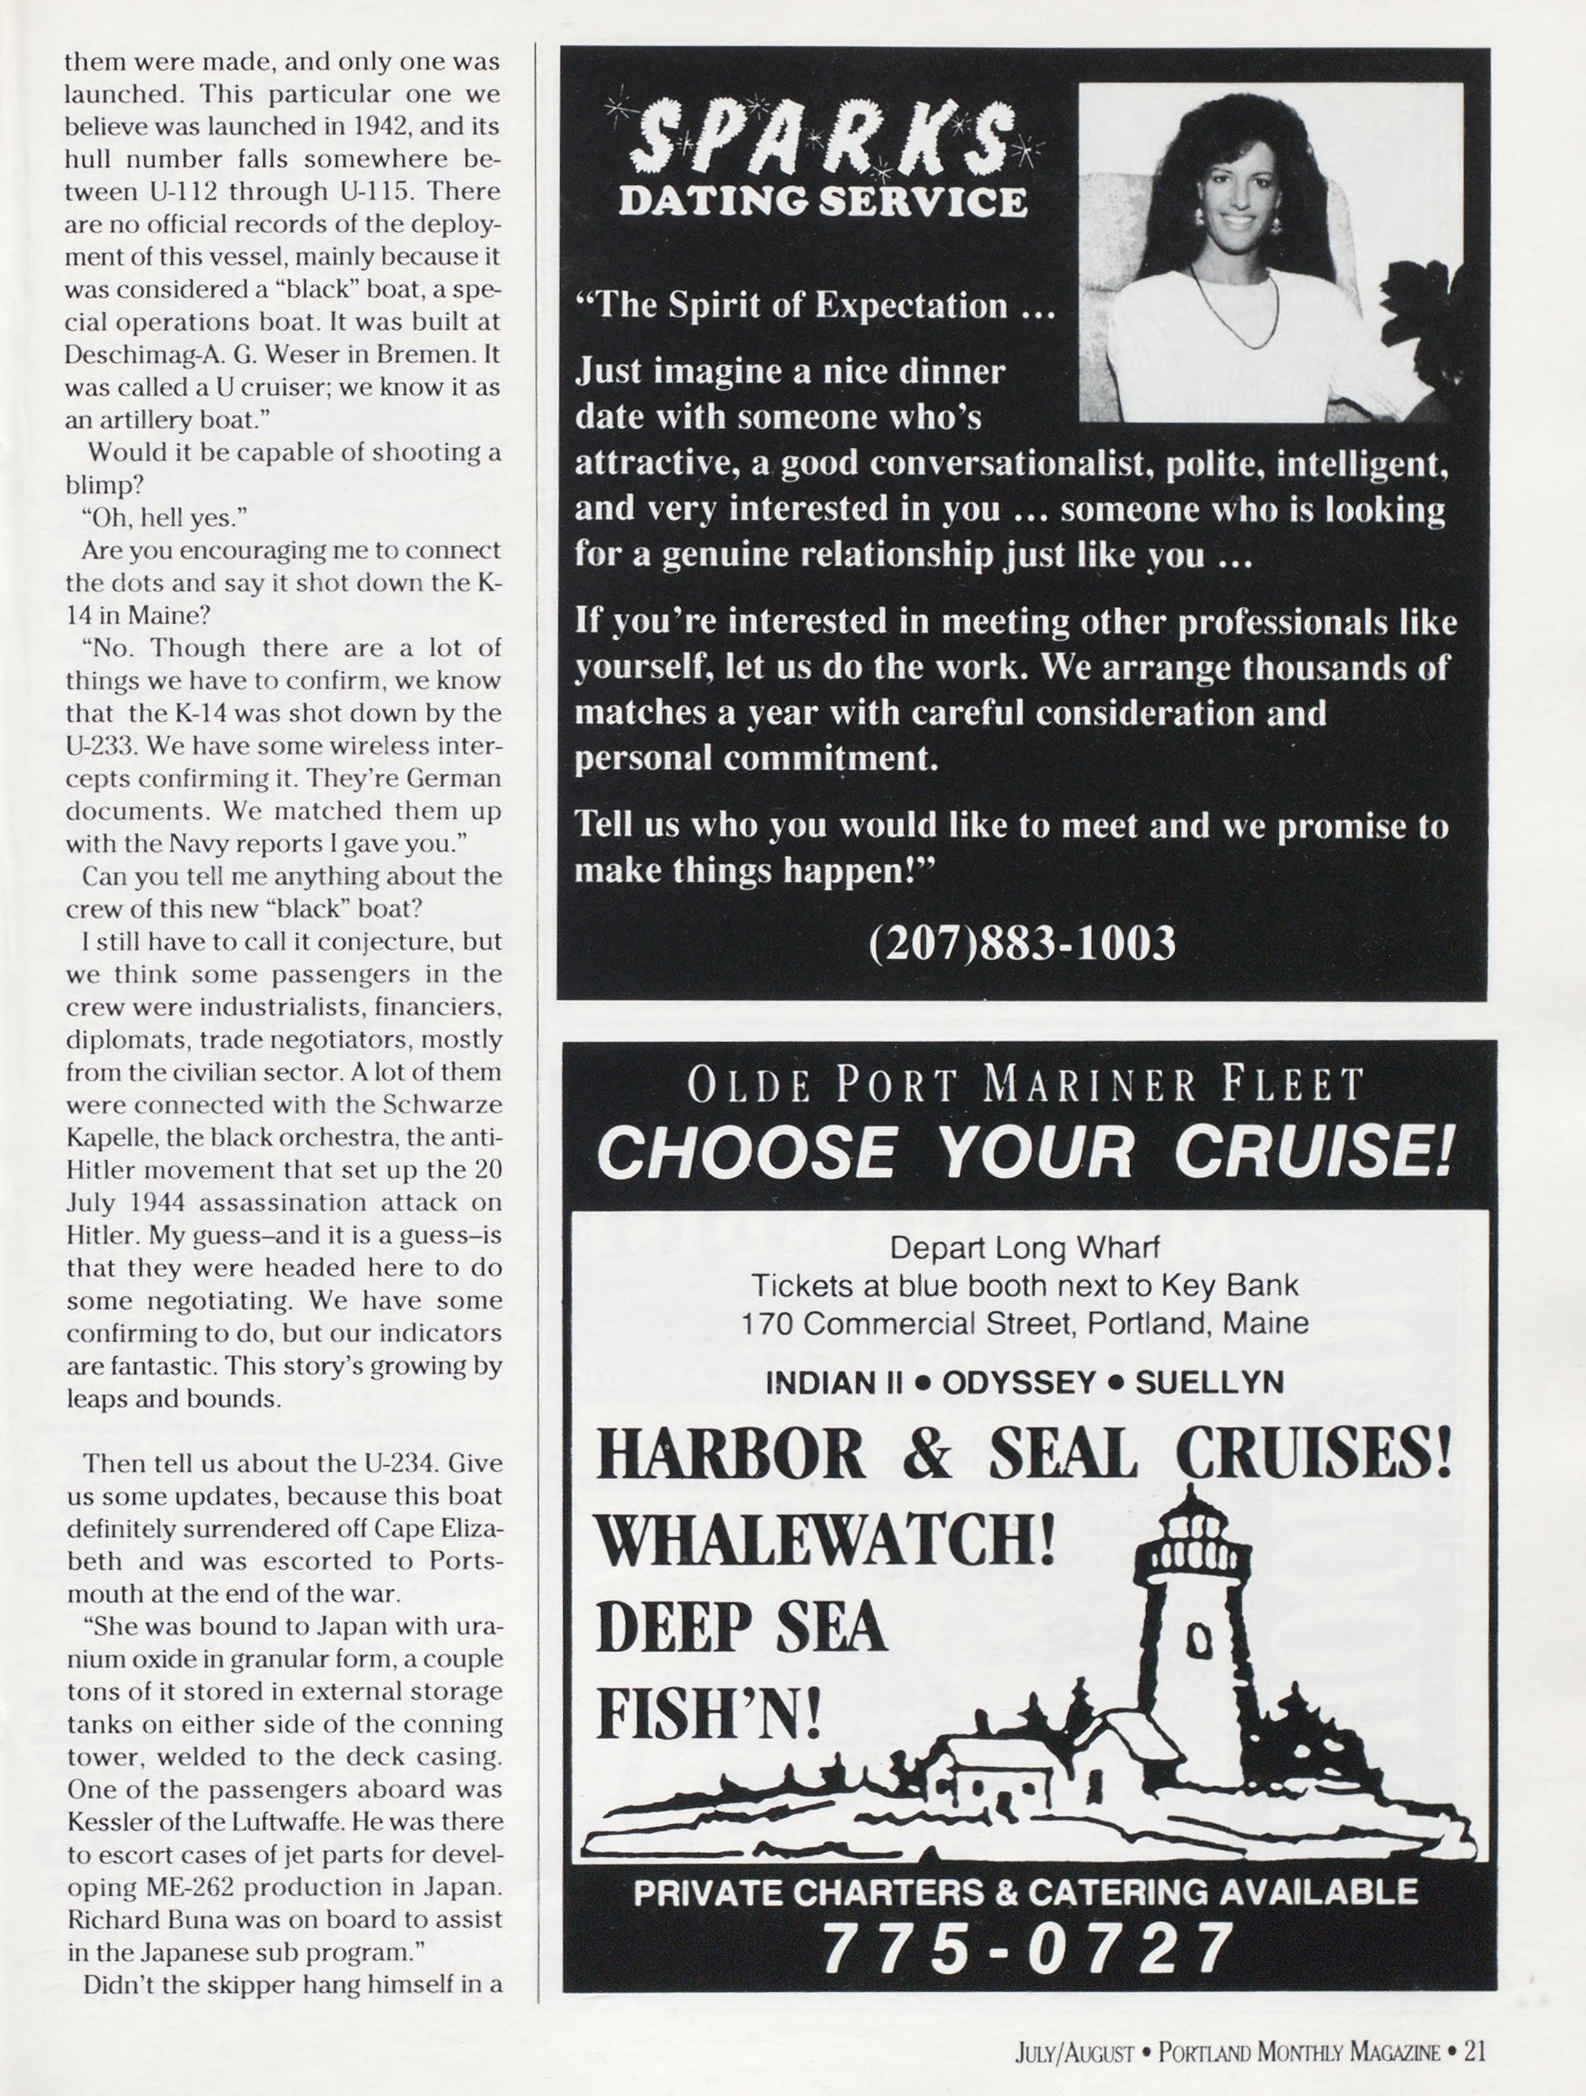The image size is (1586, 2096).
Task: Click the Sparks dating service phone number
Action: tap(1023, 942)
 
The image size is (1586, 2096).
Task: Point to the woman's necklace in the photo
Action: tap(1236, 312)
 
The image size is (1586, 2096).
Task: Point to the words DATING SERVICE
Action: tap(822, 202)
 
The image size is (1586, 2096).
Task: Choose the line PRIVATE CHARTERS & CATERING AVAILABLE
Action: tap(1025, 1892)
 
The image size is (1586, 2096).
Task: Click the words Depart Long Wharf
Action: tap(1024, 1247)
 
